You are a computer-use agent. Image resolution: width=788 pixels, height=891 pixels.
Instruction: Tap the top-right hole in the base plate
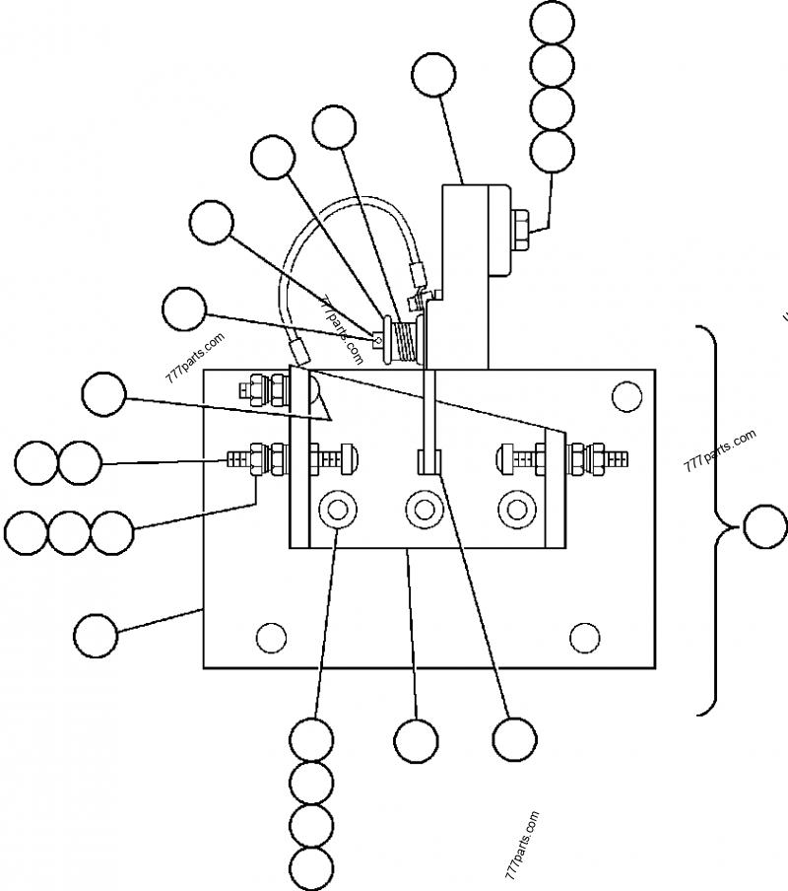[625, 397]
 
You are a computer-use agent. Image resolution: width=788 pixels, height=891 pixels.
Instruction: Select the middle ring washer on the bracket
[426, 510]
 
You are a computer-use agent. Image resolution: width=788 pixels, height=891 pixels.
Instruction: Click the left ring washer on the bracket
[338, 510]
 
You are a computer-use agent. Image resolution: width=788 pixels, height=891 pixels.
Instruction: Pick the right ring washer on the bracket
[513, 510]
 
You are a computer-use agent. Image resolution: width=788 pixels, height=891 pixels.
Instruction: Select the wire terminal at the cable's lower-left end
[296, 347]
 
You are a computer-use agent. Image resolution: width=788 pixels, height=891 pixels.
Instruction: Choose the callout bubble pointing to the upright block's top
[433, 76]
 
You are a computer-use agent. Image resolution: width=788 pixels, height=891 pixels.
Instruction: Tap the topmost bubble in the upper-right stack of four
[552, 23]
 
